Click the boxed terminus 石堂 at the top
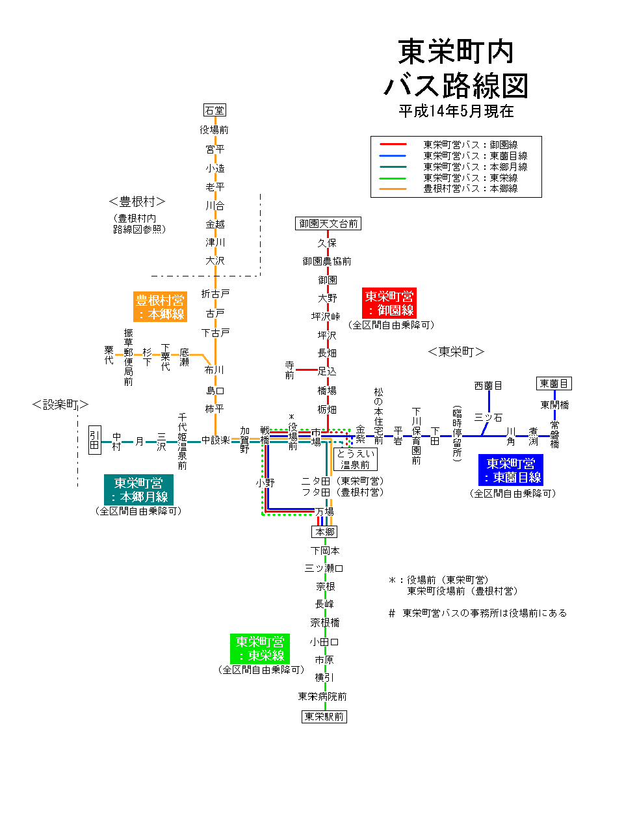click(214, 110)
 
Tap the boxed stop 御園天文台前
click(328, 224)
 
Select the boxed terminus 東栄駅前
click(324, 716)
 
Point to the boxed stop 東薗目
click(554, 383)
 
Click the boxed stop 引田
click(95, 440)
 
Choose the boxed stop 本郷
click(324, 531)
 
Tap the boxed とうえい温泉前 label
click(355, 459)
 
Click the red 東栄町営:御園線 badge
click(389, 303)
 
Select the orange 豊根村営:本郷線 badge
click(160, 307)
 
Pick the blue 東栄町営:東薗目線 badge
click(510, 470)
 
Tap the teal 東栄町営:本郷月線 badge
click(138, 490)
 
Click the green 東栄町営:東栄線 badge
click(260, 649)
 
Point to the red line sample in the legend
click(393, 144)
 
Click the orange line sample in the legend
click(393, 189)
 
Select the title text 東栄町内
click(456, 52)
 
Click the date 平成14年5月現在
click(456, 111)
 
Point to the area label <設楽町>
click(60, 405)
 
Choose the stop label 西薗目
click(488, 386)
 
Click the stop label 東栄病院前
click(322, 696)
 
